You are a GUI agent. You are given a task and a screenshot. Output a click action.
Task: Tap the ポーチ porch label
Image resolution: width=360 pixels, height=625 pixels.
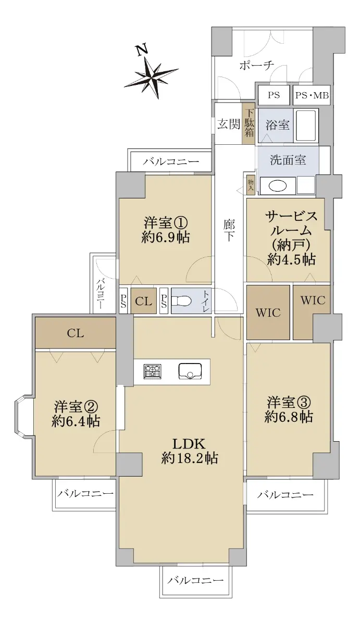(x=256, y=66)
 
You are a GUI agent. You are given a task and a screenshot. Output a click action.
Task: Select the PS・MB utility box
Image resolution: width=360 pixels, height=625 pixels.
(x=312, y=95)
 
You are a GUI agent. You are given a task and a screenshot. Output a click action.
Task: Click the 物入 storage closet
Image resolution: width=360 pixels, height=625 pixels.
(x=250, y=185)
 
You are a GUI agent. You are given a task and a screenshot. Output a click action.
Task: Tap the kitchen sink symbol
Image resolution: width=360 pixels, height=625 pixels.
(x=190, y=371)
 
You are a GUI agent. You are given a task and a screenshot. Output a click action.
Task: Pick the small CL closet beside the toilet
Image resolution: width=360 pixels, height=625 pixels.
(x=144, y=301)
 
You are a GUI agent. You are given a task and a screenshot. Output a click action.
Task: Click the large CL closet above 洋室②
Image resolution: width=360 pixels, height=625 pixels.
(x=76, y=333)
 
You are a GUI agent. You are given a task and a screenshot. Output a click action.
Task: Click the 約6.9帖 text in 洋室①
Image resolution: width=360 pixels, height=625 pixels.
(x=166, y=238)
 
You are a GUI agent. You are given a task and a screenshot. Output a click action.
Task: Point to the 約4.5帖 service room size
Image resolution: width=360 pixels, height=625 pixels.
(x=291, y=259)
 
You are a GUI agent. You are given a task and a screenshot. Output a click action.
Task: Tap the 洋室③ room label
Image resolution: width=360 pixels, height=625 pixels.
(x=289, y=403)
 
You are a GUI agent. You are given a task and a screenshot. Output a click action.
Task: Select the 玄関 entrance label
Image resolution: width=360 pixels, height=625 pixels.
(x=229, y=124)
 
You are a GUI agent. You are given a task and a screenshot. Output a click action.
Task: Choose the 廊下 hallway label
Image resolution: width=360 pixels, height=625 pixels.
(x=229, y=231)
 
